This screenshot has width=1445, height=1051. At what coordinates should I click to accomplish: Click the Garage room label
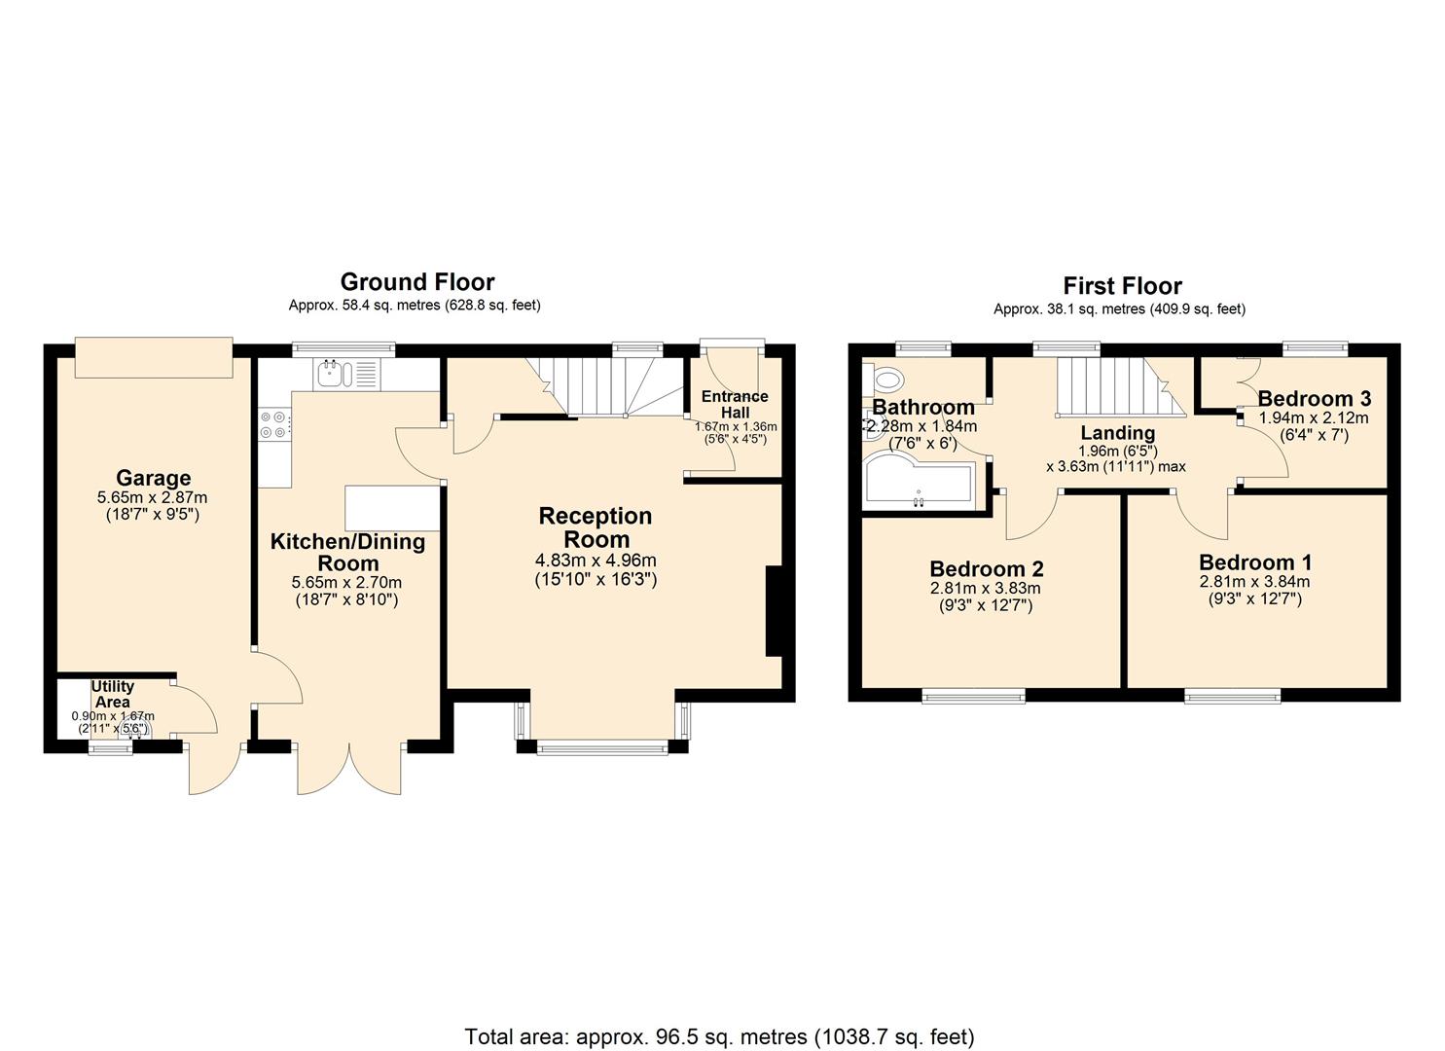click(x=154, y=478)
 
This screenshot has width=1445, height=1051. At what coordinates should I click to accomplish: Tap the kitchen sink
click(x=333, y=371)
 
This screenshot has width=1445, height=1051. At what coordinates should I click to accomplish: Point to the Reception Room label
click(x=596, y=527)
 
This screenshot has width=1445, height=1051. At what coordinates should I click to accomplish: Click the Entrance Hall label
click(x=735, y=404)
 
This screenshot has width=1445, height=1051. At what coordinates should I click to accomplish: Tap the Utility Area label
click(x=113, y=694)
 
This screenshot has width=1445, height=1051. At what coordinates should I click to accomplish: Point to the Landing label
click(x=1118, y=433)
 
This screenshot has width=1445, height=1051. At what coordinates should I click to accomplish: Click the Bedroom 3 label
click(x=1314, y=398)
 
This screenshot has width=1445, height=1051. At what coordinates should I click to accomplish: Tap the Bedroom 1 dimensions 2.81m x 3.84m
click(x=1254, y=582)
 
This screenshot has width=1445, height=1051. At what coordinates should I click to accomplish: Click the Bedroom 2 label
click(x=986, y=568)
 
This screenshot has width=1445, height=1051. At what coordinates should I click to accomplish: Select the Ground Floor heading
click(x=416, y=282)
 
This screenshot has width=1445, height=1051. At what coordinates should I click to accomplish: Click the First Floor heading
click(x=1122, y=286)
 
